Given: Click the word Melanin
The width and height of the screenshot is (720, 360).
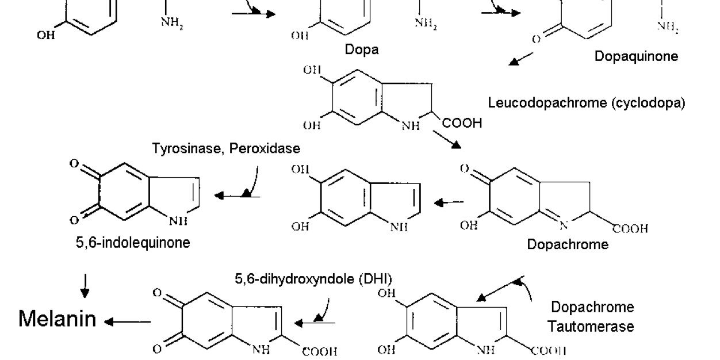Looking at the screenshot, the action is [58, 319].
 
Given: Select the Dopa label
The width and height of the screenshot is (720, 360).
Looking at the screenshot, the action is [362, 50].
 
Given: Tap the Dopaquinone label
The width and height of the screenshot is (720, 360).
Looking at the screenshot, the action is [636, 56].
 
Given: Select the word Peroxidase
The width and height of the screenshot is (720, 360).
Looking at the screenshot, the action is [265, 148].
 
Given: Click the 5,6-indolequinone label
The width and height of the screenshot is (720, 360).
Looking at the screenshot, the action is [133, 242].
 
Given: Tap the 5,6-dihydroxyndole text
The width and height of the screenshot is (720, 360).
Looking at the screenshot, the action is [294, 279].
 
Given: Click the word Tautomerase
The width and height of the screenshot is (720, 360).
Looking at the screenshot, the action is [591, 327].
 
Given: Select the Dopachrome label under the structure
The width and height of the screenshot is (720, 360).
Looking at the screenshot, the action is [568, 244].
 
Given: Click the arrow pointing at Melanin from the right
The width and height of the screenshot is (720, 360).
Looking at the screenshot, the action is [128, 321].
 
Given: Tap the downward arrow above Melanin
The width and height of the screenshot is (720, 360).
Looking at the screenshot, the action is [85, 286].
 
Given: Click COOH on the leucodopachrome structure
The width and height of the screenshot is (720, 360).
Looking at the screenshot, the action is [462, 123].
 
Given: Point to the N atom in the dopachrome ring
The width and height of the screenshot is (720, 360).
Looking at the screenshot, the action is [563, 225].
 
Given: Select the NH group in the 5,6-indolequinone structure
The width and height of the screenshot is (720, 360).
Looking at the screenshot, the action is [178, 221].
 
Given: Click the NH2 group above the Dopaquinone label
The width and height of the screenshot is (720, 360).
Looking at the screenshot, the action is [668, 27].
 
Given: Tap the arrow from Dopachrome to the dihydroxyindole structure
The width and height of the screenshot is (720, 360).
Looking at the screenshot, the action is [449, 202].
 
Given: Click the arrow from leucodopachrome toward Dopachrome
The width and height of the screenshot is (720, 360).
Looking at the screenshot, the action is [447, 139].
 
